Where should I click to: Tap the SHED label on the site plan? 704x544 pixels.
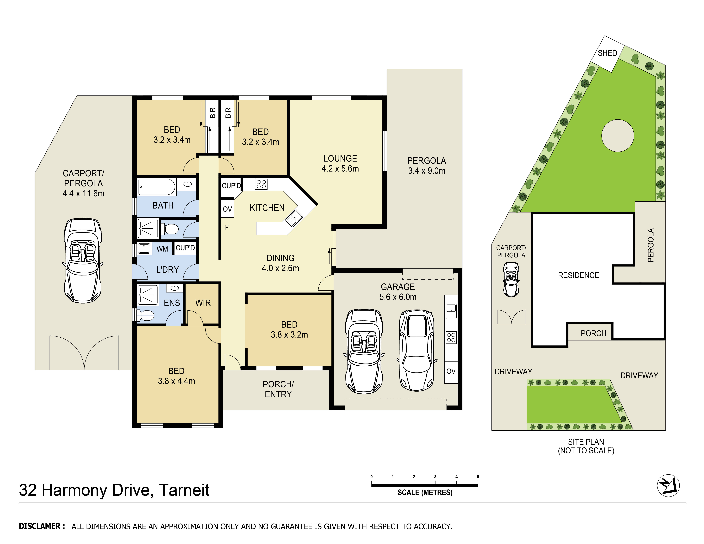click(607, 53)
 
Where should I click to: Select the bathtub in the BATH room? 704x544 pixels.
click(157, 187)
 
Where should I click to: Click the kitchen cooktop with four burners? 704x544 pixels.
click(261, 184)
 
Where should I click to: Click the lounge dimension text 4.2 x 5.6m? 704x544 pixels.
click(340, 169)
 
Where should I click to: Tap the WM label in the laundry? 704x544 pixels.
click(162, 249)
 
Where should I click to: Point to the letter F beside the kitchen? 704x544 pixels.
click(227, 228)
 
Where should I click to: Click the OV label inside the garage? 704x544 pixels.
click(451, 371)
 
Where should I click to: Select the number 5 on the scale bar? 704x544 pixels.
click(478, 477)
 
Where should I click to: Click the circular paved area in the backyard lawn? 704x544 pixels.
click(618, 136)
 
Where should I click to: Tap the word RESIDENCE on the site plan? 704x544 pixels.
click(578, 275)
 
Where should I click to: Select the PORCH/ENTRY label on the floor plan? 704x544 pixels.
click(278, 389)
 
